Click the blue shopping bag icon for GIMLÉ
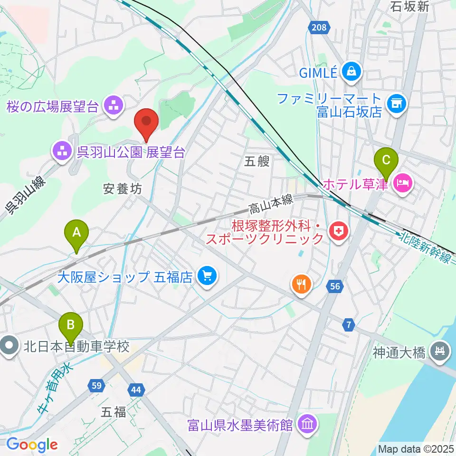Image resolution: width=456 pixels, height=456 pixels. pos(353,72)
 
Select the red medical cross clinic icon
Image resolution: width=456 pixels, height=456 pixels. pos(339,231)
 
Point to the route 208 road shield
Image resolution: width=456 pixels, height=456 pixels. pos(319,28)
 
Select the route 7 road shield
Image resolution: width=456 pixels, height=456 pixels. pos(350,325)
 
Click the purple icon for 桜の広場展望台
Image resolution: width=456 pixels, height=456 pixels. pos(114,106)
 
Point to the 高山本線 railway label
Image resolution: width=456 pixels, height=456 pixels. pos(270,203)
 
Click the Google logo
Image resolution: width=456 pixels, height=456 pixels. pos(32,445)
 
